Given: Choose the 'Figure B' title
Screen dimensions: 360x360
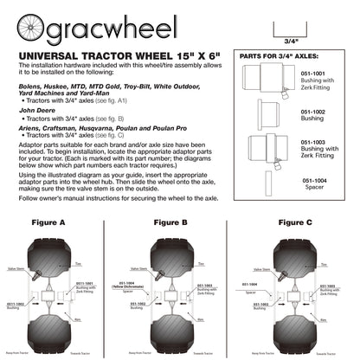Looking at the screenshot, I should point(170,223).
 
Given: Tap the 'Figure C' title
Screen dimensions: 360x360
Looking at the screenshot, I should point(296,223).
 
